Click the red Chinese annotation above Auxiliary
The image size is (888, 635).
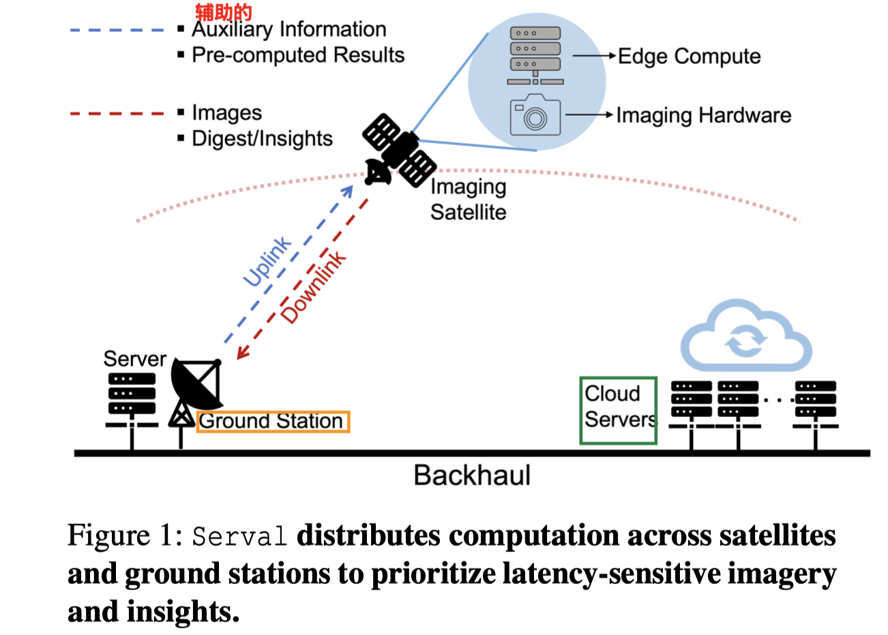pyautogui.click(x=223, y=12)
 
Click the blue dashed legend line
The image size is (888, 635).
pyautogui.click(x=117, y=31)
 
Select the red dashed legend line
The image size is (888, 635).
pyautogui.click(x=117, y=113)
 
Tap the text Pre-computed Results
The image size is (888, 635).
pyautogui.click(x=298, y=55)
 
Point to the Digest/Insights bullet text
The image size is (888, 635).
pyautogui.click(x=262, y=138)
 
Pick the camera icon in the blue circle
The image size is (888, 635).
pyautogui.click(x=535, y=115)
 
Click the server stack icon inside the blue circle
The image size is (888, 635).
pyautogui.click(x=535, y=55)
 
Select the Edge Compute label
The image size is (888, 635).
pyautogui.click(x=689, y=56)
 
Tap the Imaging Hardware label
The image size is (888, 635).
pyautogui.click(x=703, y=115)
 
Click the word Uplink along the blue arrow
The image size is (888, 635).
pyautogui.click(x=267, y=262)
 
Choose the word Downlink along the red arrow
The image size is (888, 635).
pyautogui.click(x=313, y=287)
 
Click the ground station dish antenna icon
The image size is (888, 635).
pyautogui.click(x=196, y=385)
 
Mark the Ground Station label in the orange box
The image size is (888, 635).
pyautogui.click(x=271, y=421)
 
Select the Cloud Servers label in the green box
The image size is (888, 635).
pyautogui.click(x=619, y=407)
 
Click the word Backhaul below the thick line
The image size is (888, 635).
pyautogui.click(x=471, y=475)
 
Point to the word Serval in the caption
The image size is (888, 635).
pyautogui.click(x=239, y=536)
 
